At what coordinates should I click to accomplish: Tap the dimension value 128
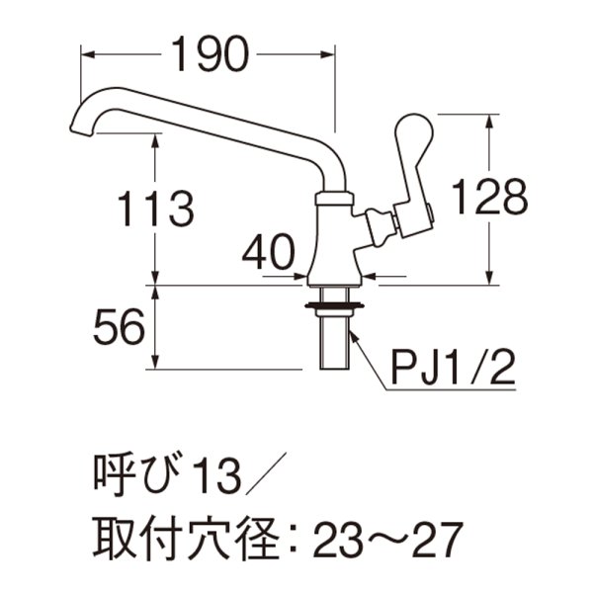coord(489,199)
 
